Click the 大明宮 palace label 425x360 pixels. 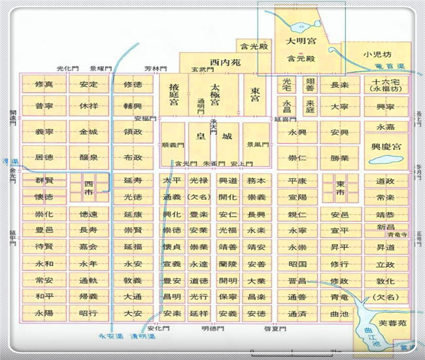coord(299,41)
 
